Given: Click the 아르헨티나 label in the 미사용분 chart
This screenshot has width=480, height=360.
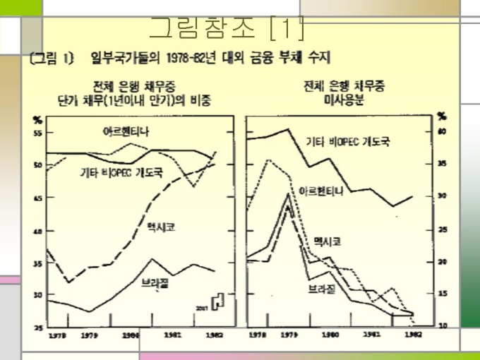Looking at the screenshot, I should [x=323, y=191].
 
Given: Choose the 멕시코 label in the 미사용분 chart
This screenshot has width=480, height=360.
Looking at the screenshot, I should [x=328, y=241].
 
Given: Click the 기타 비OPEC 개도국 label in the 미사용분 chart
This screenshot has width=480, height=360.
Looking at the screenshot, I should [x=343, y=142].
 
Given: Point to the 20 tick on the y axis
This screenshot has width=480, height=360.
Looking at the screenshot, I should [x=443, y=261].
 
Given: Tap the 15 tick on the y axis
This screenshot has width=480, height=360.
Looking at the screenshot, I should [x=443, y=294].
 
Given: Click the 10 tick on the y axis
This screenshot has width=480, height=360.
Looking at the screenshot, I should [x=443, y=325].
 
